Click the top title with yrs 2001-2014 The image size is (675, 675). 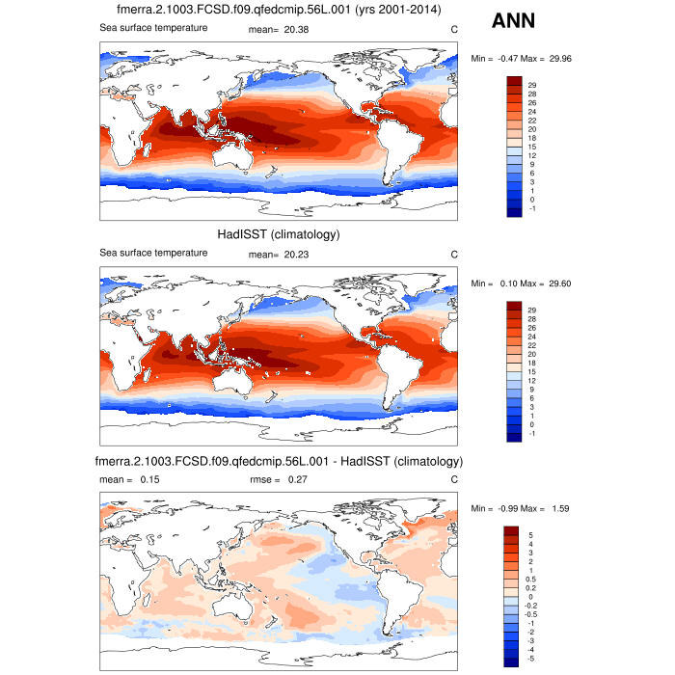pyautogui.click(x=279, y=11)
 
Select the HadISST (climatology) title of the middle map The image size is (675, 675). pyautogui.click(x=279, y=235)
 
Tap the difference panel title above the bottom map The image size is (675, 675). pyautogui.click(x=279, y=460)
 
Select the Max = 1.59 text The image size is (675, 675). pyautogui.click(x=541, y=508)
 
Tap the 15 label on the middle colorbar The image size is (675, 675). pyautogui.click(x=531, y=371)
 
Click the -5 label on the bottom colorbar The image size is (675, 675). pyautogui.click(x=532, y=659)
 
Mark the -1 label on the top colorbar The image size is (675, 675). pyautogui.click(x=531, y=208)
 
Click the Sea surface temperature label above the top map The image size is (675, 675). pyautogui.click(x=153, y=28)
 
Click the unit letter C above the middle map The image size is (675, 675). pyautogui.click(x=454, y=254)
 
